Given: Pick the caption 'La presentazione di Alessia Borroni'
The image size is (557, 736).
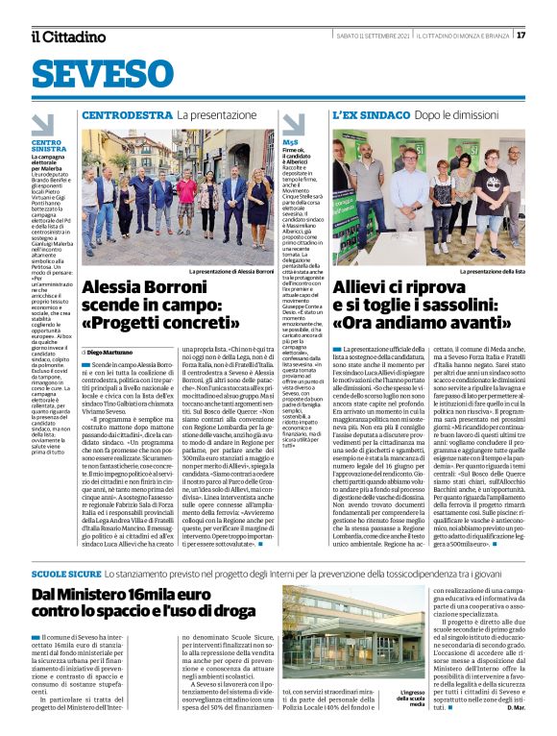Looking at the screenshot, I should [230, 272].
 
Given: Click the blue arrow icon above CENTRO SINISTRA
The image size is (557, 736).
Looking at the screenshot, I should [42, 124].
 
